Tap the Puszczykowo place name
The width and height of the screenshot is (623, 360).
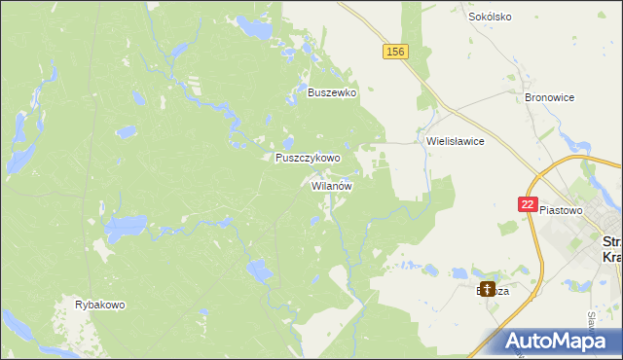[308, 158]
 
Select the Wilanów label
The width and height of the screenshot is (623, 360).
[332, 185]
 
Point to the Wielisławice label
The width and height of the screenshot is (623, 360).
[455, 141]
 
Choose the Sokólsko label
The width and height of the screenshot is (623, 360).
[490, 17]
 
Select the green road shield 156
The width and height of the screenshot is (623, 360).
[394, 52]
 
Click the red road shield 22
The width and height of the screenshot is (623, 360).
[527, 204]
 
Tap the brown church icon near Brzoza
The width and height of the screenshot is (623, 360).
[486, 289]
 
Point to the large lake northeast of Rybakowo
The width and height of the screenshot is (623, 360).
[125, 230]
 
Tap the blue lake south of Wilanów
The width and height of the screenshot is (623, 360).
[258, 270]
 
